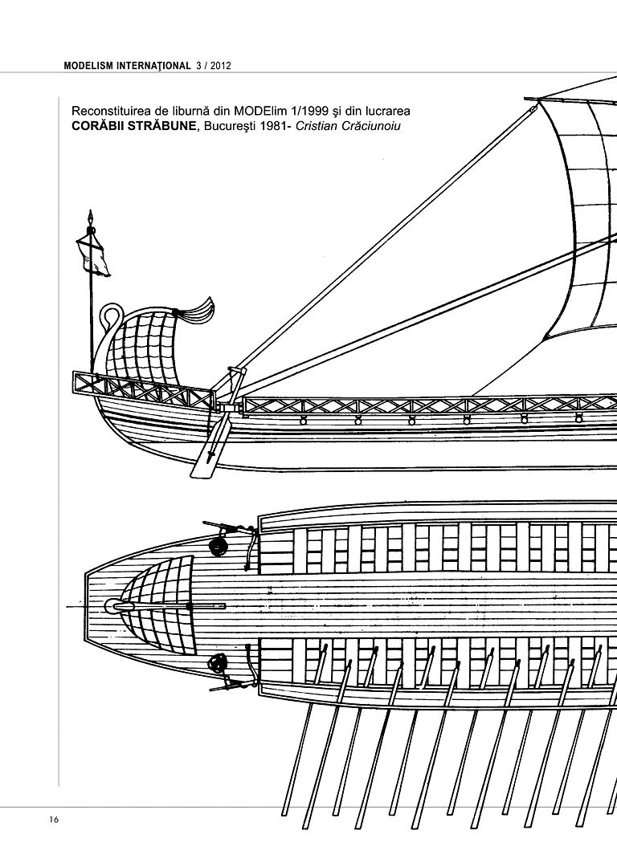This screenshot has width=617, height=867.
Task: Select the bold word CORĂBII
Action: pyautogui.click(x=100, y=126)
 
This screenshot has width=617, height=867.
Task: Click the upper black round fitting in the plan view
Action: pyautogui.click(x=215, y=547)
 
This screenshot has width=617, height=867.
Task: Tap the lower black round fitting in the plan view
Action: pyautogui.click(x=216, y=663)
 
